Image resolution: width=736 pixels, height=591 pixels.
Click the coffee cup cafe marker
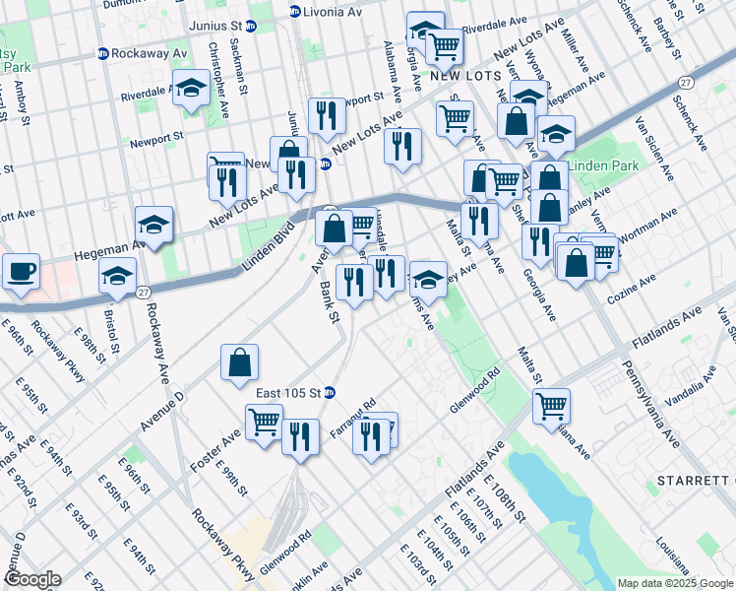pos(21,271)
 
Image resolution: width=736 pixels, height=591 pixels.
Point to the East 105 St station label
pos(288,392)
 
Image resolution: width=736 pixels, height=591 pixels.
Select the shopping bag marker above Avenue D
pos(240,362)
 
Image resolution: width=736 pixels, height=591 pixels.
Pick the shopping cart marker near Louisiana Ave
pos(552,405)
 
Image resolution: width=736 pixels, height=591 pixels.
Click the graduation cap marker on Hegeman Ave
pos(154,226)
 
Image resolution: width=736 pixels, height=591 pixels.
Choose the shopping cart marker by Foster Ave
pos(265,422)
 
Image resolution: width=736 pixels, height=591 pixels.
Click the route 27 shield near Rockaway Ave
pos(144,293)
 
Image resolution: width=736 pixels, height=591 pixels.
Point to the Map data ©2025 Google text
pos(675,583)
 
